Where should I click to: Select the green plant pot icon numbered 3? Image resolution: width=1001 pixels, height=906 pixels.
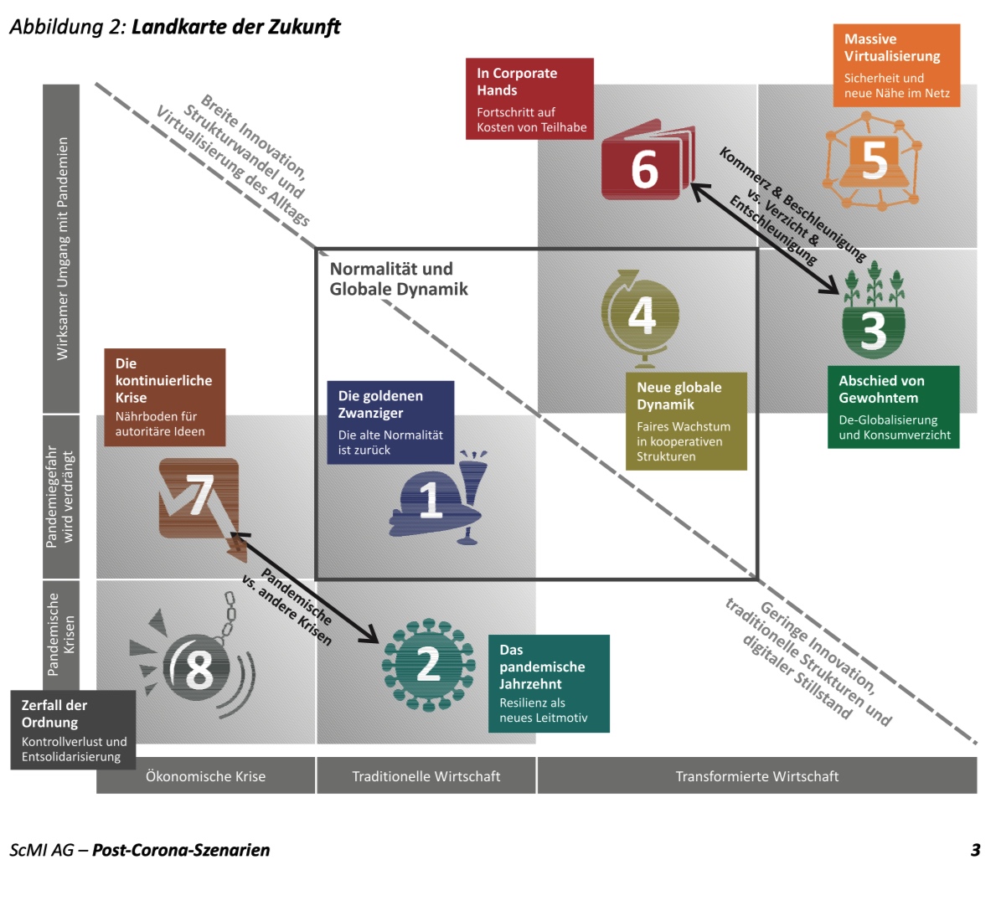873,318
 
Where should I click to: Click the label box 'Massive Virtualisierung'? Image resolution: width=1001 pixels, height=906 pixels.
896,65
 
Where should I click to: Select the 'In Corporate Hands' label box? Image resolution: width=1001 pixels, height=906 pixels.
529,99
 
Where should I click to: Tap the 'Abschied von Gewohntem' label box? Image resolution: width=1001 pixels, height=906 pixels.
893,407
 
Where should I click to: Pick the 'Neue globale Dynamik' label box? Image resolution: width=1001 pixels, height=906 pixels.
686,421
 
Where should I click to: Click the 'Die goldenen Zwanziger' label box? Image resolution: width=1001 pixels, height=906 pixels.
390,422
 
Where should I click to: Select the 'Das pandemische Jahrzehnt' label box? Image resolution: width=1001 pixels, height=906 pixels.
549,683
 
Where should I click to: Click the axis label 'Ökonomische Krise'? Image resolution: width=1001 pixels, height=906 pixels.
205,776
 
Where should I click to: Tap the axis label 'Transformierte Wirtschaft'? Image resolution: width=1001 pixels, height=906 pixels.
756,776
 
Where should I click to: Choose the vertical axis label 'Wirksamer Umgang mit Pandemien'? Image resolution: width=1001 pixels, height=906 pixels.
62,249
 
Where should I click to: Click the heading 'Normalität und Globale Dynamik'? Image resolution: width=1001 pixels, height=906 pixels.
399,279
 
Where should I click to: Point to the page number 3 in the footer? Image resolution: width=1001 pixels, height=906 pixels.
975,850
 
